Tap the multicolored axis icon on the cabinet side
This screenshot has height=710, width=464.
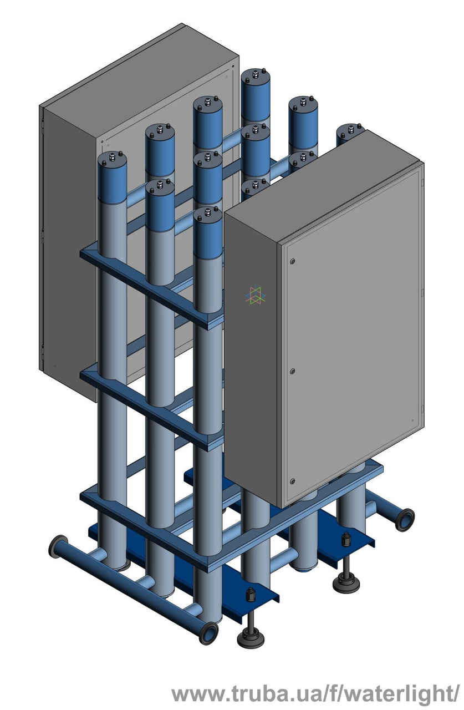click(x=255, y=296)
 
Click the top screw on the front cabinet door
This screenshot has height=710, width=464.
click(x=293, y=261)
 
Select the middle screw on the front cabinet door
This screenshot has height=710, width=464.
click(x=293, y=371)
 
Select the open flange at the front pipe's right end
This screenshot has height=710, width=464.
click(x=209, y=633)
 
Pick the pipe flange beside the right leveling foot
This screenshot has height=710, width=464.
click(x=405, y=520)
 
